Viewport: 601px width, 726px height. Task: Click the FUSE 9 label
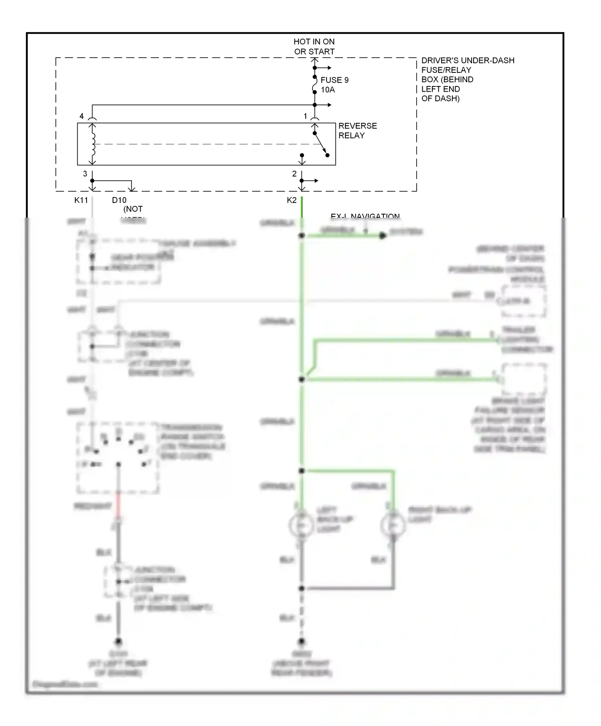click(335, 80)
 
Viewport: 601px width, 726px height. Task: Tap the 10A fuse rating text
click(328, 90)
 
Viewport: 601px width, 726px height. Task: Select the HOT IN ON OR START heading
click(314, 46)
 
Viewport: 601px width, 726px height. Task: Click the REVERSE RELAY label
click(357, 130)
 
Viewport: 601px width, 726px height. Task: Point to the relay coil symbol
click(93, 144)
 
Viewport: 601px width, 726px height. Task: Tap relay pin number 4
click(82, 116)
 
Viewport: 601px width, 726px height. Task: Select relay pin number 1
click(305, 116)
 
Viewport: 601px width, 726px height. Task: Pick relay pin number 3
click(85, 174)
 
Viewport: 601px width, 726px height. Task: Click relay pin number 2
click(294, 174)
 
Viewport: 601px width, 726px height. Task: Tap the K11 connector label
click(81, 200)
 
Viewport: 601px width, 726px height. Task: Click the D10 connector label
click(119, 200)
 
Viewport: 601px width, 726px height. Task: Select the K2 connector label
click(292, 200)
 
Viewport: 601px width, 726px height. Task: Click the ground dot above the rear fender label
click(302, 641)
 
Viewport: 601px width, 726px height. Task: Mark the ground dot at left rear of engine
click(118, 641)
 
